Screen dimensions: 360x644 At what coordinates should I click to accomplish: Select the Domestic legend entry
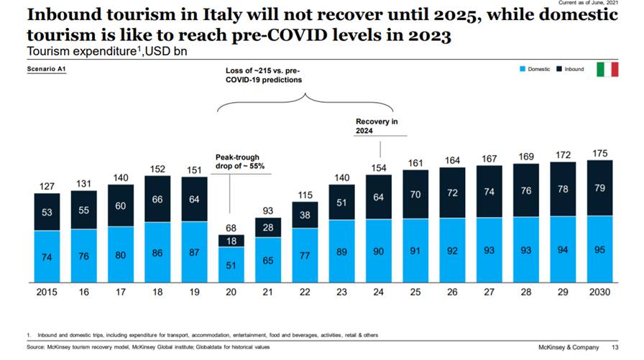pyautogui.click(x=533, y=70)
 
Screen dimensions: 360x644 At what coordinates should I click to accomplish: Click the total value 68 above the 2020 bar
pyautogui.click(x=231, y=228)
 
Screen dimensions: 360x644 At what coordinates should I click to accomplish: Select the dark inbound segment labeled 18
pyautogui.click(x=231, y=241)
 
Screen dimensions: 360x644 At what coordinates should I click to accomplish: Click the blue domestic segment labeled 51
pyautogui.click(x=231, y=265)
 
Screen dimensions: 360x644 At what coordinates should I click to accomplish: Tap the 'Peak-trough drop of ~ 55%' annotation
pyautogui.click(x=240, y=161)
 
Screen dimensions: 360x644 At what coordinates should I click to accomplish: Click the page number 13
pyautogui.click(x=615, y=347)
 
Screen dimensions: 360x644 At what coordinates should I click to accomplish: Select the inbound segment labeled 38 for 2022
pyautogui.click(x=306, y=214)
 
